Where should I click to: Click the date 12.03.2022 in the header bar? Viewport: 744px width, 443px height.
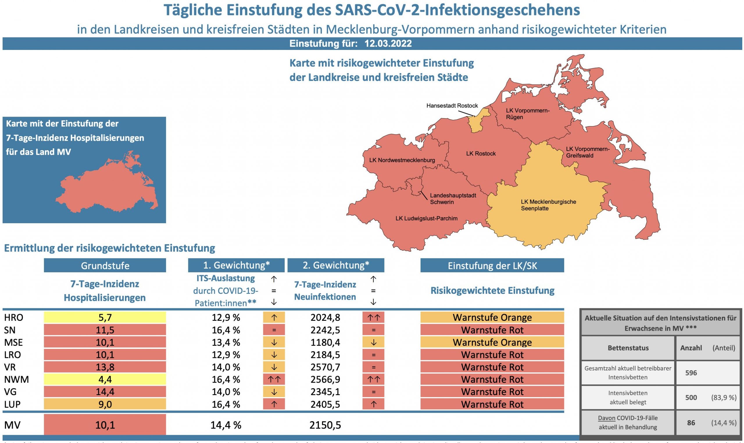tap(388, 44)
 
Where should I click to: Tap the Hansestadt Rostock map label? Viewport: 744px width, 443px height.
tap(452, 106)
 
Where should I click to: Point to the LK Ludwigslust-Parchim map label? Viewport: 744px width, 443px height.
tap(426, 218)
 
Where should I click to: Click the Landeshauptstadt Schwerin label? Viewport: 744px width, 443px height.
tap(453, 199)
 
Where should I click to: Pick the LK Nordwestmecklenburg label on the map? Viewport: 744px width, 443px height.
tap(402, 160)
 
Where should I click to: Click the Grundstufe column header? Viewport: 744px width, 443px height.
tap(105, 265)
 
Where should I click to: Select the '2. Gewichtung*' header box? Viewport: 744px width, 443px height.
tap(336, 265)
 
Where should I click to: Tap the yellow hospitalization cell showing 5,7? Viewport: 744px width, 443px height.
tap(105, 317)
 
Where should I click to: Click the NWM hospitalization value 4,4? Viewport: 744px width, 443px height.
tap(105, 379)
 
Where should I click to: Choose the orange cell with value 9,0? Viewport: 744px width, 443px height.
tap(105, 404)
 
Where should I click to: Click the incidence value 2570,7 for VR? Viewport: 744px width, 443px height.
tap(325, 367)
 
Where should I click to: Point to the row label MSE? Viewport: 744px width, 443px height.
tap(13, 342)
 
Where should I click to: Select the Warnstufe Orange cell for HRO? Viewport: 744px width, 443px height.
tap(492, 317)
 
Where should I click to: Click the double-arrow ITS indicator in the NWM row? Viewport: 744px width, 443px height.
tap(274, 379)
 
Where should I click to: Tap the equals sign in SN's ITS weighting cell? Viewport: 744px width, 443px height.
tap(274, 330)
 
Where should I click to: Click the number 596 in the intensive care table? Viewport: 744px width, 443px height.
tap(691, 373)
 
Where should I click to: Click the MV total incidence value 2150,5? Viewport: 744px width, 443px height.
tap(325, 425)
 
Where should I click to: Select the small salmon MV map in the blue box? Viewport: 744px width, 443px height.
tap(108, 187)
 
